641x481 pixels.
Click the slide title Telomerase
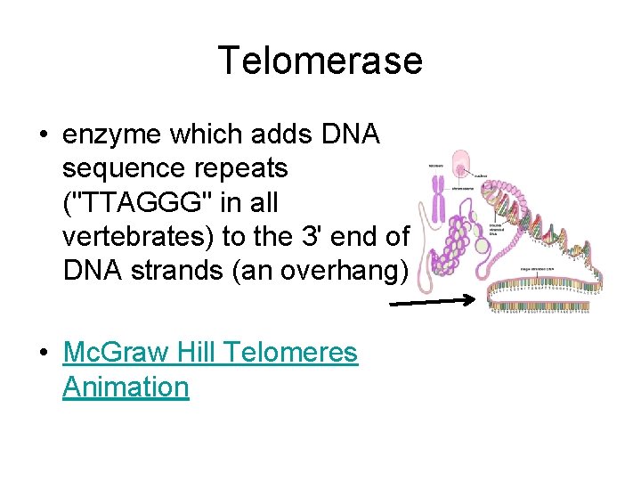(x=320, y=61)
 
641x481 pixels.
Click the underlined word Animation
(x=126, y=387)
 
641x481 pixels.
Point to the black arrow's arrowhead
(x=472, y=300)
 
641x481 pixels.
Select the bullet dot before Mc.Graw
(x=43, y=354)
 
